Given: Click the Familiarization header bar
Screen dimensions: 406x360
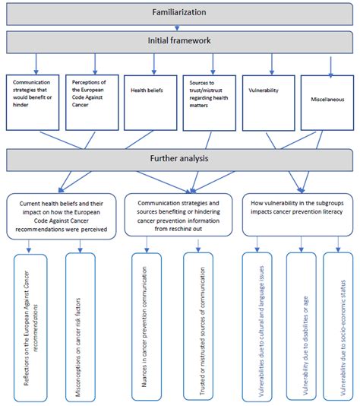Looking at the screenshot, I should click(x=180, y=12).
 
